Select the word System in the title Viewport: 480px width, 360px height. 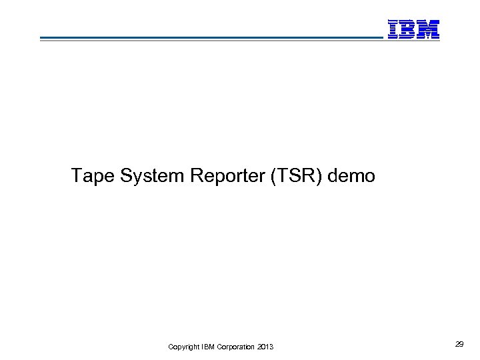(152, 176)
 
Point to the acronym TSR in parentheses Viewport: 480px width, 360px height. (294, 176)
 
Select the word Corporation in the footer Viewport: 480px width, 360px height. (234, 347)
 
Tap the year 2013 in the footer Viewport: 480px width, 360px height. (265, 347)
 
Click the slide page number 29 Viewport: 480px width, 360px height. (459, 344)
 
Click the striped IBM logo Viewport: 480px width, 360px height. (413, 29)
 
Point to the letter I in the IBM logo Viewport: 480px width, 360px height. (393, 29)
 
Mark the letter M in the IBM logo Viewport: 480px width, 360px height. (429, 29)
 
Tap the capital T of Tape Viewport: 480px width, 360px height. (77, 176)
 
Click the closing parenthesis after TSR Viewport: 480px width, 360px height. (315, 176)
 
